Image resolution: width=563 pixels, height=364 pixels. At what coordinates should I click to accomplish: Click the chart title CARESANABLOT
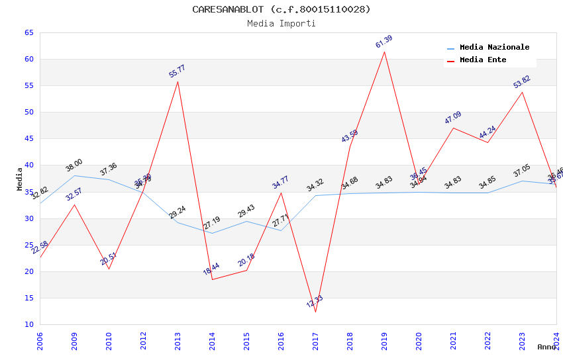point(281,9)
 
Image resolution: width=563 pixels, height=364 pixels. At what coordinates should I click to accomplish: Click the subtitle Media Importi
point(281,23)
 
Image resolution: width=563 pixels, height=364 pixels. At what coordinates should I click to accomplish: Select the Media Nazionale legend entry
point(494,47)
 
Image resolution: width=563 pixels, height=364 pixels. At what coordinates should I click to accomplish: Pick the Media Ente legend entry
point(483,60)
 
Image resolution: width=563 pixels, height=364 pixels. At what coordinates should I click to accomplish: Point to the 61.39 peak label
point(384,42)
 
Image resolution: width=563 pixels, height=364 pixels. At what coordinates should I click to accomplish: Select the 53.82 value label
point(522,82)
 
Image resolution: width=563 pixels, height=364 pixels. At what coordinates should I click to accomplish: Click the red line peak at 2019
point(384,52)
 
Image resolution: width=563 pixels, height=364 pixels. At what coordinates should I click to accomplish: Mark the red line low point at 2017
point(315,312)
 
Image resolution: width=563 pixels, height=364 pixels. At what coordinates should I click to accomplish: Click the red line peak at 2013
point(178,81)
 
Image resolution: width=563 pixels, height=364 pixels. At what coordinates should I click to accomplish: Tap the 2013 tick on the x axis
point(178,341)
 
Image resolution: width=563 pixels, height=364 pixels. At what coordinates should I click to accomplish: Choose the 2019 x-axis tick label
point(384,341)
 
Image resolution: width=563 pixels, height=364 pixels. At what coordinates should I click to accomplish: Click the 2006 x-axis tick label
point(40,341)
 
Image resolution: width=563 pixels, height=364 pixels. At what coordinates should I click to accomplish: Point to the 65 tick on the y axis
point(28,32)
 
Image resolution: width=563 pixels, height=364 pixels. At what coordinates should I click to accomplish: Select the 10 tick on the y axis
point(28,324)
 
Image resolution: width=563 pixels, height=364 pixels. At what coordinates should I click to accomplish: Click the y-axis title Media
point(20,179)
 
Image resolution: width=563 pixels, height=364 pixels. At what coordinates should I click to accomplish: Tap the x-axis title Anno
point(546,347)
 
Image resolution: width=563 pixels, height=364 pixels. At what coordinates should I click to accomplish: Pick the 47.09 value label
point(453,118)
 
